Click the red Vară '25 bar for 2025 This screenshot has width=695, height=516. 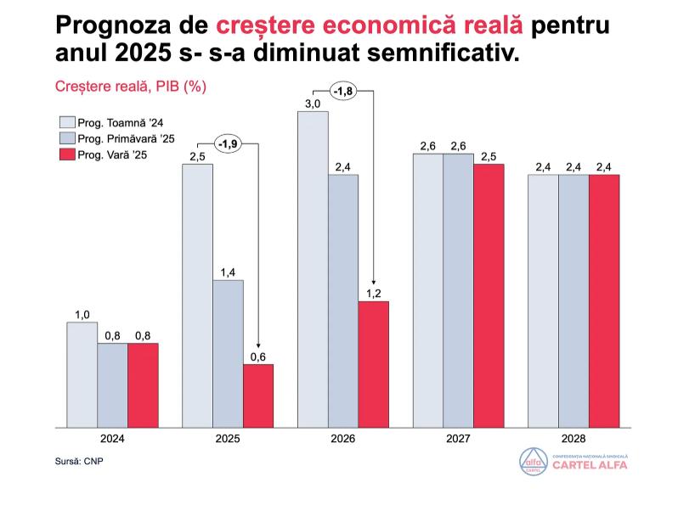pyautogui.click(x=258, y=395)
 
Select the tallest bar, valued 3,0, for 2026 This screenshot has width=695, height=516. pyautogui.click(x=313, y=268)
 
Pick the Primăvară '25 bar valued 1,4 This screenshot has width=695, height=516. pyautogui.click(x=228, y=352)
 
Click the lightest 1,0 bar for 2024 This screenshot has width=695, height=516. pyautogui.click(x=82, y=373)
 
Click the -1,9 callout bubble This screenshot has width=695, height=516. pyautogui.click(x=227, y=144)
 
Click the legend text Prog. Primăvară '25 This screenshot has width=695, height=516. pyautogui.click(x=126, y=138)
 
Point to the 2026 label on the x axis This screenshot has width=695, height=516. pyautogui.click(x=343, y=439)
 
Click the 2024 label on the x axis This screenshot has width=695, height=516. pyautogui.click(x=113, y=439)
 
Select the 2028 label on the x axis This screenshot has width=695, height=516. pyautogui.click(x=574, y=439)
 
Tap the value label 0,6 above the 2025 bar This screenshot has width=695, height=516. pyautogui.click(x=258, y=356)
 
